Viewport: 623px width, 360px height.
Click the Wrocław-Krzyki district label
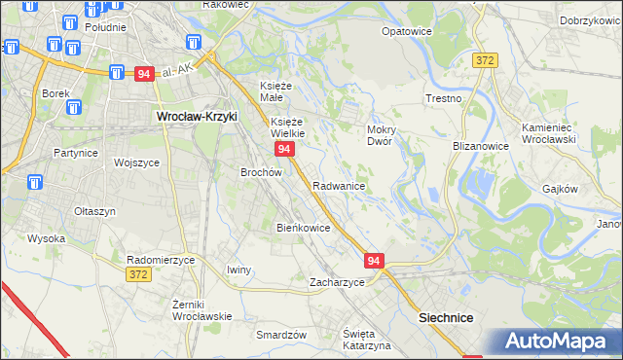197,116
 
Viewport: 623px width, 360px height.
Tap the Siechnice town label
445,317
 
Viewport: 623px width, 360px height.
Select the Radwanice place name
339,185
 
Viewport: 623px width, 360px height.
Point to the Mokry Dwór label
379,134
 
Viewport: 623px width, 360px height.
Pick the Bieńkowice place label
304,228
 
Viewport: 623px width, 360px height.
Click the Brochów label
261,172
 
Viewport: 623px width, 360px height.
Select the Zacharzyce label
337,282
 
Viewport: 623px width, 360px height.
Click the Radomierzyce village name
162,260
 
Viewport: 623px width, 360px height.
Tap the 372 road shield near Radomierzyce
137,275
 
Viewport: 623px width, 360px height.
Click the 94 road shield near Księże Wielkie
284,149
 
